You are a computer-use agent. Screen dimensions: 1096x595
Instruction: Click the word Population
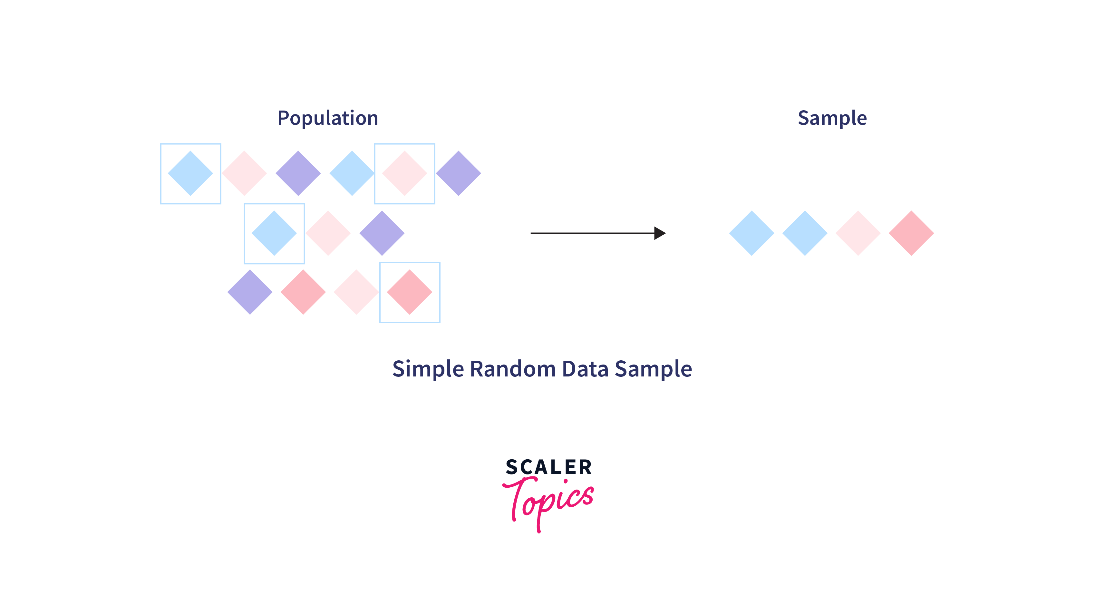coord(328,118)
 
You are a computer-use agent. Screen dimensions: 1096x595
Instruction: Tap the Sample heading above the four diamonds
coord(832,118)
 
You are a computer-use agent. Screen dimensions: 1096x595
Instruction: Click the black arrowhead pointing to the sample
coord(660,233)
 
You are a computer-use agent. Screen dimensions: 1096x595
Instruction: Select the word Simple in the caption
coord(428,369)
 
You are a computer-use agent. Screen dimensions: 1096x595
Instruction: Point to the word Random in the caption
coord(513,369)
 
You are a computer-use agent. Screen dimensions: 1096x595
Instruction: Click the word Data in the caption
coord(585,369)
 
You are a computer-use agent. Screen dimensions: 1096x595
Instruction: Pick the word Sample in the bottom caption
coord(653,369)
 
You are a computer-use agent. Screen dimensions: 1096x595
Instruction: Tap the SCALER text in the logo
coord(549,467)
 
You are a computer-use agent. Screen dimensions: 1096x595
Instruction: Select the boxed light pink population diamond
coord(405,173)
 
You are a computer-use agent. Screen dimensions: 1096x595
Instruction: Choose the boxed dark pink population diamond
coord(410,292)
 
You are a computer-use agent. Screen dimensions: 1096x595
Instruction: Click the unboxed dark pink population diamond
coord(303,292)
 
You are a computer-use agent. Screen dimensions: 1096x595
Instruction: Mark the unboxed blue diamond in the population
coord(352,173)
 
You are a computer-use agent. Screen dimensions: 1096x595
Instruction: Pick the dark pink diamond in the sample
coord(911,233)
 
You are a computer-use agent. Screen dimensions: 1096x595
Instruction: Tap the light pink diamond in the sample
coord(858,233)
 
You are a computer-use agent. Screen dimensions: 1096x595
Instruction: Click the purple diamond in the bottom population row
coord(250,292)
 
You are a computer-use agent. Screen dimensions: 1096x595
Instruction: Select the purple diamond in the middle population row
coord(382,233)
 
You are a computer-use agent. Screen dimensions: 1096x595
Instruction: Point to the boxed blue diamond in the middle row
coord(274,233)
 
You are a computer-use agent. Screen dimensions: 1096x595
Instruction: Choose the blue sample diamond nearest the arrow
coord(752,233)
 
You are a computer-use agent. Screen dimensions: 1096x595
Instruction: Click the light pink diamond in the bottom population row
coord(356,292)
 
